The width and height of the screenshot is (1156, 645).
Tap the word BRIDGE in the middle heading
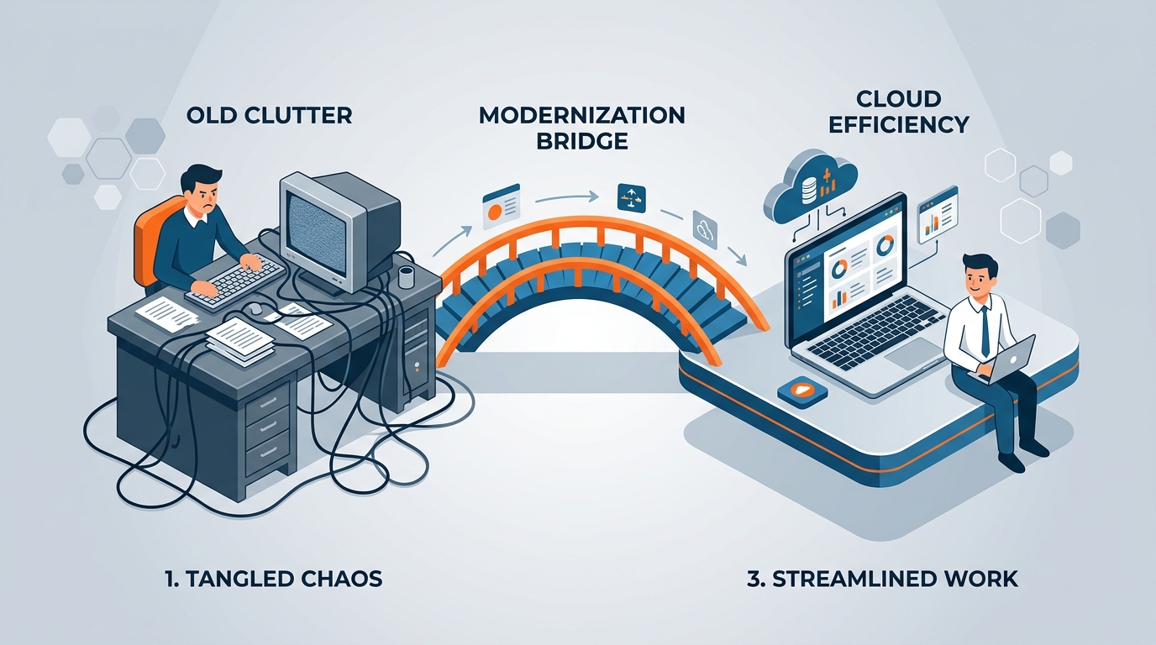(581, 141)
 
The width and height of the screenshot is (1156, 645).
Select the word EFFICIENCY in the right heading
(898, 124)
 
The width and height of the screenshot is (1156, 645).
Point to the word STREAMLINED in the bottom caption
(849, 579)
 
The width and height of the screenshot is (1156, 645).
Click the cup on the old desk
(407, 277)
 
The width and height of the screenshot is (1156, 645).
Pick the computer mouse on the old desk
(254, 309)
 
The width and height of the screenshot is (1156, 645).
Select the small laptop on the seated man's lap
(1005, 360)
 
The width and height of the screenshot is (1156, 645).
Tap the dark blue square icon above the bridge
(631, 197)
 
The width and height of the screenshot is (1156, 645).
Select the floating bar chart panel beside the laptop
(938, 216)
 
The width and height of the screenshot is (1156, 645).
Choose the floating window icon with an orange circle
(501, 207)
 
